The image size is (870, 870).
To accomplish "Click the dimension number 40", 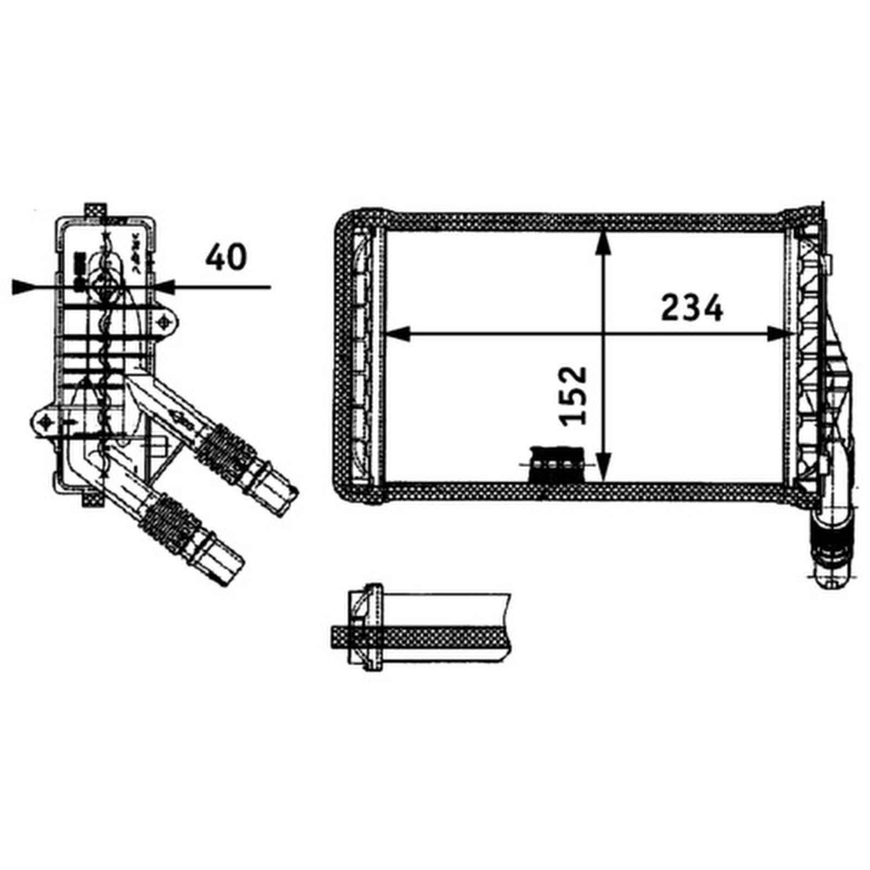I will tap(226, 257).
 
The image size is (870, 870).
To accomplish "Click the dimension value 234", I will tap(692, 308).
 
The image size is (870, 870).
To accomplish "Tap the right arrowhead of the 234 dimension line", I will tap(776, 334).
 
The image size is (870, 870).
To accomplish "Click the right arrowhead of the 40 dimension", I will tap(164, 287).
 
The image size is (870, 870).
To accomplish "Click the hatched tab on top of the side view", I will tap(96, 210).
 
